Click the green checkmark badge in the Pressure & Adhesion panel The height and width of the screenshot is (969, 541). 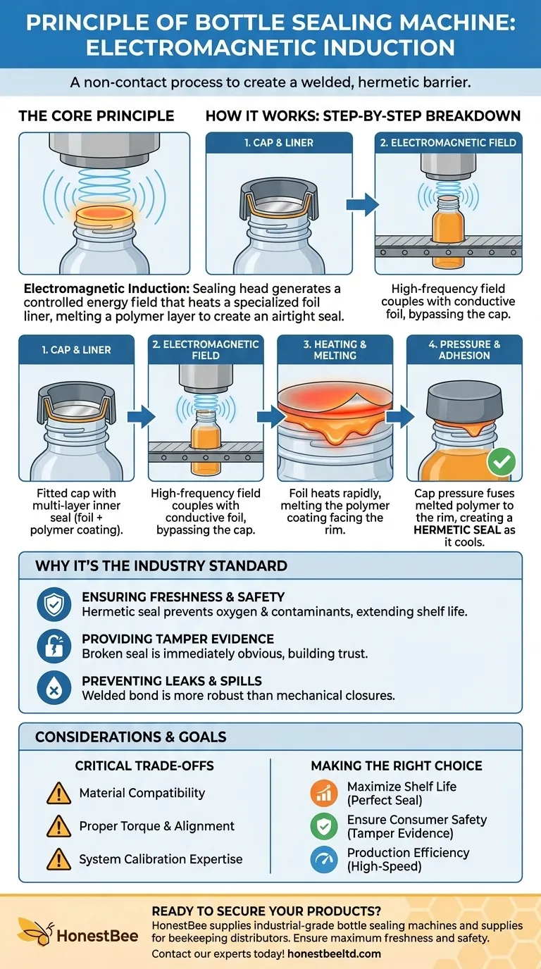tap(501, 461)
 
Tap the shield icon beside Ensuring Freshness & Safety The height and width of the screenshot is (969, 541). tap(54, 604)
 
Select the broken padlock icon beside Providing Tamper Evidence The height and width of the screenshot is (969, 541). tap(54, 646)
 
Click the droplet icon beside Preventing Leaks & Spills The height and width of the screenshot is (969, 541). tap(54, 688)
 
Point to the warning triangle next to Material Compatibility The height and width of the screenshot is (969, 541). tap(59, 794)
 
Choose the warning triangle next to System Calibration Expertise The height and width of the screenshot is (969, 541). tap(59, 859)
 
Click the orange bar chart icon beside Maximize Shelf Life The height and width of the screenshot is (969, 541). tap(324, 793)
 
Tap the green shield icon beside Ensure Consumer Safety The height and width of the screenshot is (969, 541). tap(324, 826)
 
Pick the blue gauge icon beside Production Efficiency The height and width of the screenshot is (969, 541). tap(324, 859)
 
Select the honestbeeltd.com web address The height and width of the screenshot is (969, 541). tap(334, 954)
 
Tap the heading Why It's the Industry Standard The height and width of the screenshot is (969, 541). tap(161, 565)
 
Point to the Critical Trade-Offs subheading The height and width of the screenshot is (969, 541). tap(144, 765)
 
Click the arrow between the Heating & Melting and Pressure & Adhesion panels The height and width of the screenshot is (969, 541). tap(400, 417)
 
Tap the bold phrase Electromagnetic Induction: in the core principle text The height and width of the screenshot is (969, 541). tap(106, 289)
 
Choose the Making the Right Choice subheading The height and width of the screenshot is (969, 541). tap(397, 765)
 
